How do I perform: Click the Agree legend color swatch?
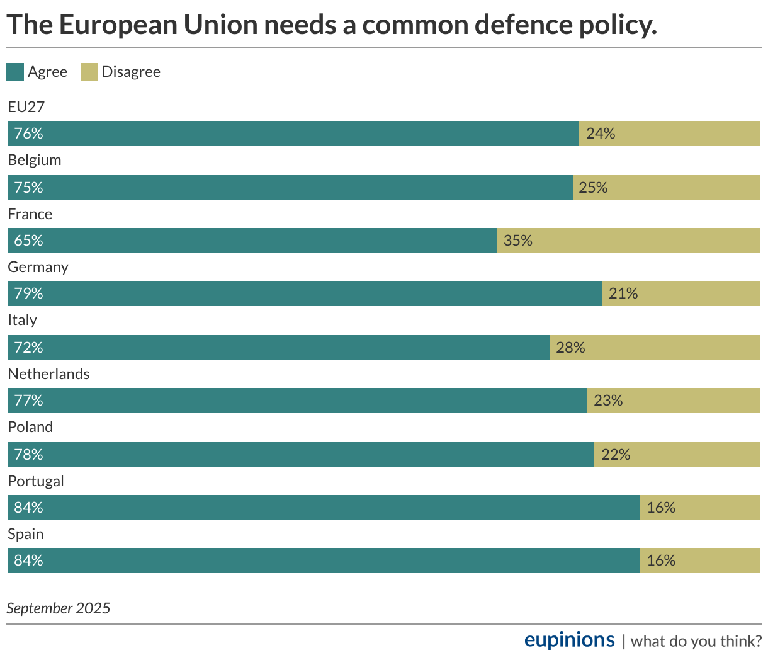[15, 72]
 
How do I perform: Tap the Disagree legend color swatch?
[89, 72]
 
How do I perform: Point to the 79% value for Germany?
[29, 293]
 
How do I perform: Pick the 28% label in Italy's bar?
[571, 348]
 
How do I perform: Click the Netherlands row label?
[48, 374]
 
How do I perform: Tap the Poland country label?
[30, 427]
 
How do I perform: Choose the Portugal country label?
[36, 481]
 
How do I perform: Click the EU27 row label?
[26, 107]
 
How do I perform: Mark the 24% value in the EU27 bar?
[601, 134]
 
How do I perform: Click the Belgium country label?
[35, 160]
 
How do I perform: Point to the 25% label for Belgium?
[593, 188]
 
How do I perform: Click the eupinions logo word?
[569, 640]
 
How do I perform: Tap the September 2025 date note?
[59, 608]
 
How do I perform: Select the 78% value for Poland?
[29, 455]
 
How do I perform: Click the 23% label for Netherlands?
[608, 401]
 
